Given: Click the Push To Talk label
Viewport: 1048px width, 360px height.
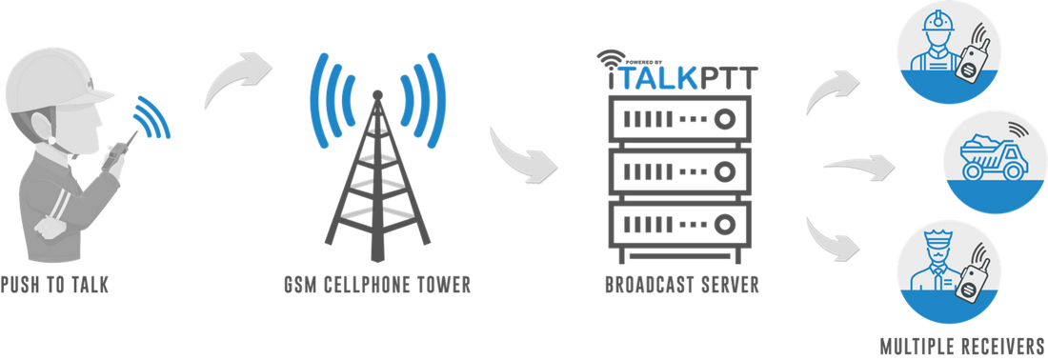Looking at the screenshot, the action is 57,284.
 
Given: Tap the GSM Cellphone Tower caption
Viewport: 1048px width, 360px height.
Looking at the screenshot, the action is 377,284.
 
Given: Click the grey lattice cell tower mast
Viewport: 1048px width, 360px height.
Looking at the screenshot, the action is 375,190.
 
